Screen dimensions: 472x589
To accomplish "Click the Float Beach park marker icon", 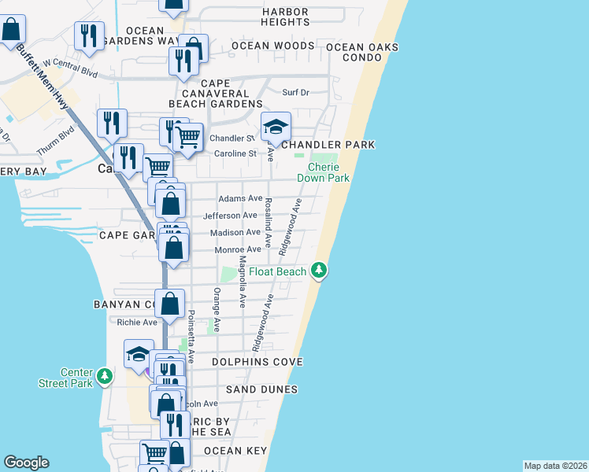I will point(319,271).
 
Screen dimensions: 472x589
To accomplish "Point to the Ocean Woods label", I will point(272,46).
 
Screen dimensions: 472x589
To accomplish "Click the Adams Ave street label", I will point(240,199).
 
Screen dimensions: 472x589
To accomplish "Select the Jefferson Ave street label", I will point(230,216).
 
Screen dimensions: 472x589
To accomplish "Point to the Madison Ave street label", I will point(235,232).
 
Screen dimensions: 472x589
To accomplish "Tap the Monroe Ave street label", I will point(237,249).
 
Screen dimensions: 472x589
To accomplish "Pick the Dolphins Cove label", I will point(257,362).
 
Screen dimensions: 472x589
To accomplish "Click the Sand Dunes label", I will point(261,389).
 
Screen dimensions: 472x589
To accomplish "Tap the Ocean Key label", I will point(235,451).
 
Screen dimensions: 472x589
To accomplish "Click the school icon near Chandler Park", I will point(276,126).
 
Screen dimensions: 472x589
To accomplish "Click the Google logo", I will point(26,463).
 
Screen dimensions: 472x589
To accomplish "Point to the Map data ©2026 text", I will point(555,466).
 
